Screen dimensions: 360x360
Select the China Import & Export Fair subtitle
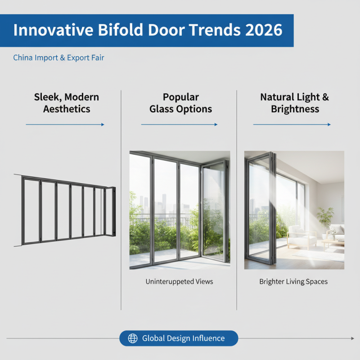(x=58, y=58)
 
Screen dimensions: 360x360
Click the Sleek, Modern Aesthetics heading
(x=66, y=103)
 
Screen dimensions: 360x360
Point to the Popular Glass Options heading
(x=181, y=103)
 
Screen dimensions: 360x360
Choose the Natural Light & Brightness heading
(x=295, y=103)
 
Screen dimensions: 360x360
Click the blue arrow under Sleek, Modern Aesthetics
(x=65, y=125)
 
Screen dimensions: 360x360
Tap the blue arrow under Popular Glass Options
(x=180, y=125)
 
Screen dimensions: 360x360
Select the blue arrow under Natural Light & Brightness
(x=292, y=125)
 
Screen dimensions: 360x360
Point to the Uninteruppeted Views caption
(x=179, y=282)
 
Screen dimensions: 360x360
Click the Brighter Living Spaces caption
(x=293, y=282)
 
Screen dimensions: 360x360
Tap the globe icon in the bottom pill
(x=132, y=338)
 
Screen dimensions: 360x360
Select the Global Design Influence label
(x=183, y=338)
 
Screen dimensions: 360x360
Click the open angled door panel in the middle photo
(x=214, y=211)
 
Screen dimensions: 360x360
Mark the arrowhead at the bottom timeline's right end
(x=351, y=338)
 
